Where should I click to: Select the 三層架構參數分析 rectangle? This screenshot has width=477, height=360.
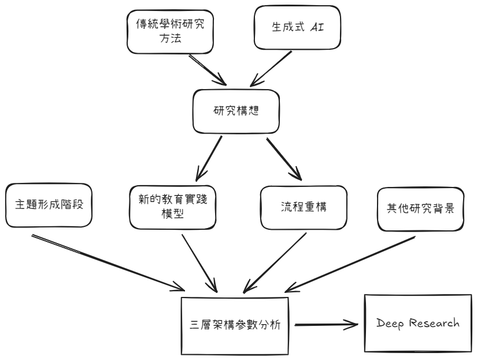235,326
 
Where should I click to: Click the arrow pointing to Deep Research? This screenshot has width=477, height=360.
327,325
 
